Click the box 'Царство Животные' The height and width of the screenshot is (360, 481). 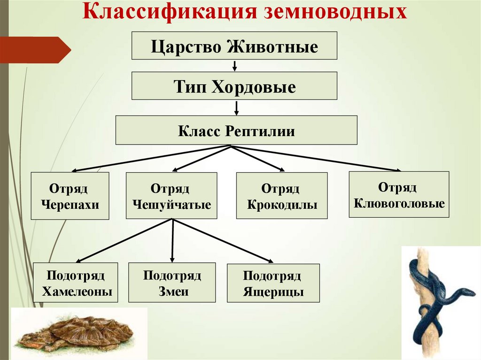(234, 46)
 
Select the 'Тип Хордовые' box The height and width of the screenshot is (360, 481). (234, 86)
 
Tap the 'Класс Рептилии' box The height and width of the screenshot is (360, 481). (236, 130)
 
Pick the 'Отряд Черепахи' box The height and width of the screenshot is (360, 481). (70, 196)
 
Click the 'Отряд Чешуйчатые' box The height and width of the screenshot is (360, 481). (171, 196)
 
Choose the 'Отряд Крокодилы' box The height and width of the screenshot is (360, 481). (282, 196)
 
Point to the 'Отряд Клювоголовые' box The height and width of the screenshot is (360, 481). (399, 194)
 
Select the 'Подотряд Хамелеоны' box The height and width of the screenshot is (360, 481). (76, 283)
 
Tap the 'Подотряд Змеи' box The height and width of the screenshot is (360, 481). (172, 283)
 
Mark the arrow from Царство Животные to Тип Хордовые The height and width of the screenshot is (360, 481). (234, 65)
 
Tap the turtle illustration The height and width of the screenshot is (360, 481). (78, 333)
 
